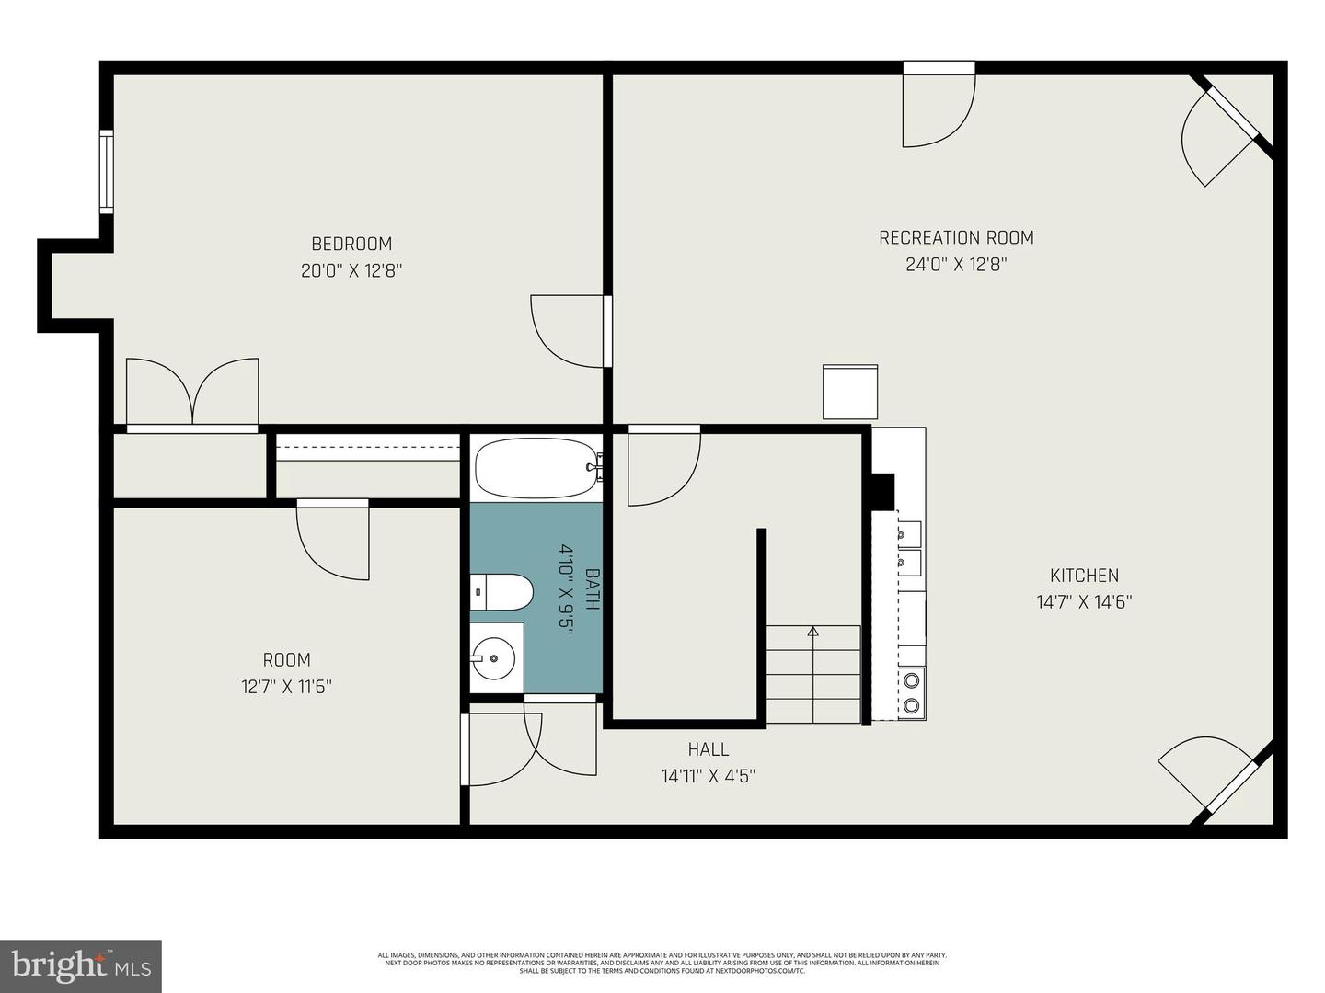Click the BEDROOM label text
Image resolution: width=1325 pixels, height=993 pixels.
coord(351,244)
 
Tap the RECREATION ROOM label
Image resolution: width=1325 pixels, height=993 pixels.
coord(956,237)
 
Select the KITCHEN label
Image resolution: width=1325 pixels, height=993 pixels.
coord(1084,576)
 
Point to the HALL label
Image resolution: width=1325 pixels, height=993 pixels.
coord(708,749)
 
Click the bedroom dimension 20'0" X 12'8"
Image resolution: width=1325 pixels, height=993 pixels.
coord(351,271)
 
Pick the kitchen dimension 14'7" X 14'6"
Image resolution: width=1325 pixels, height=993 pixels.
coord(1084,602)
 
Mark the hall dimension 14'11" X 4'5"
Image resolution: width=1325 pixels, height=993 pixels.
coord(708,776)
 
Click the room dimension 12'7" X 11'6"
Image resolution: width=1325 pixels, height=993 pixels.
coord(286,687)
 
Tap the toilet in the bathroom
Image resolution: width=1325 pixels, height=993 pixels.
coord(501,593)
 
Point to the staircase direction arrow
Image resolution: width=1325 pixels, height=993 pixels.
coord(812,632)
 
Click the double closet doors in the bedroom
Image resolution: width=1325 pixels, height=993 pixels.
coord(192,393)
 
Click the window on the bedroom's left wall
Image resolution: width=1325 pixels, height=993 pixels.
coord(107,172)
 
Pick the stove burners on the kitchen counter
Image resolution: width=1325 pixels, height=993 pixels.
coord(912,692)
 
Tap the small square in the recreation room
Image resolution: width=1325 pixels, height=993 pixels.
coord(849,393)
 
